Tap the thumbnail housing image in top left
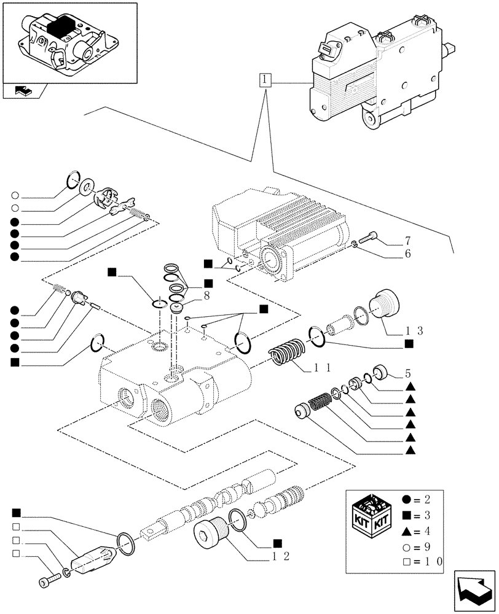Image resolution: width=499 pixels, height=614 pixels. (x=67, y=42)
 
